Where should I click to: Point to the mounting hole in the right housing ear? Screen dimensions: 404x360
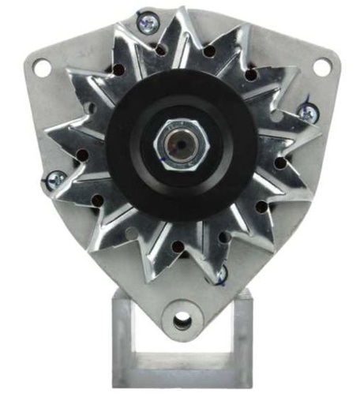pos(321,66)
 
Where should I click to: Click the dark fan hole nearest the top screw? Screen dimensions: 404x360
pos(162,50)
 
